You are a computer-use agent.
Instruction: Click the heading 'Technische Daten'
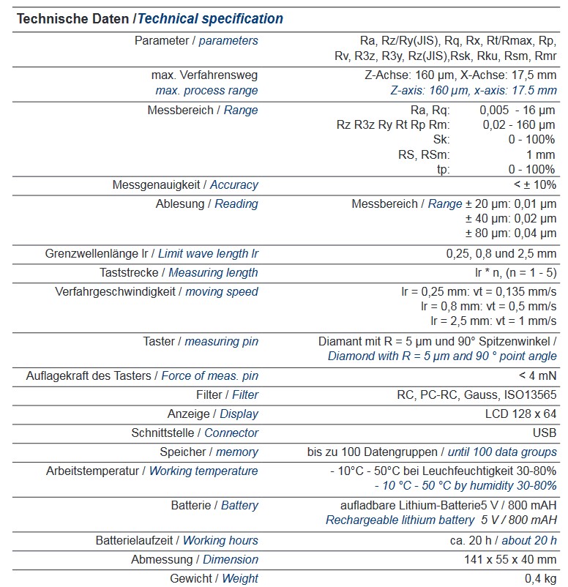[x=73, y=18]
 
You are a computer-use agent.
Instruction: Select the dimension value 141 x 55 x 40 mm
[x=506, y=559]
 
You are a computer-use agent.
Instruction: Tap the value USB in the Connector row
[x=544, y=433]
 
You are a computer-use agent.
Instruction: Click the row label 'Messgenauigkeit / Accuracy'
[x=184, y=184]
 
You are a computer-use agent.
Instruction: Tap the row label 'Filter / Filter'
[x=227, y=395]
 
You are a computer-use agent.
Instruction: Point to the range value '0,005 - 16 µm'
[x=517, y=110]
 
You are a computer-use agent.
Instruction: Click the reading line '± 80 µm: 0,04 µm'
[x=511, y=233]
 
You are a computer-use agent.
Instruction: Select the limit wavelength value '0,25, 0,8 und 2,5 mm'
[x=501, y=253]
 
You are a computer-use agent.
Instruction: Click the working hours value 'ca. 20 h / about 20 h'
[x=503, y=540]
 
